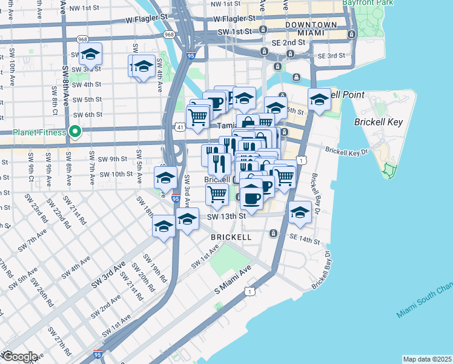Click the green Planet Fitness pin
pyautogui.click(x=75, y=131)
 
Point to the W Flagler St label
pyautogui.click(x=146, y=19)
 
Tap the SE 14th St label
pyautogui.click(x=304, y=241)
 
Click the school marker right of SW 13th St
pyautogui.click(x=300, y=212)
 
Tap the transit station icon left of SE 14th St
pyautogui.click(x=274, y=233)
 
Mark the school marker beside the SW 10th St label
pyautogui.click(x=165, y=177)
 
